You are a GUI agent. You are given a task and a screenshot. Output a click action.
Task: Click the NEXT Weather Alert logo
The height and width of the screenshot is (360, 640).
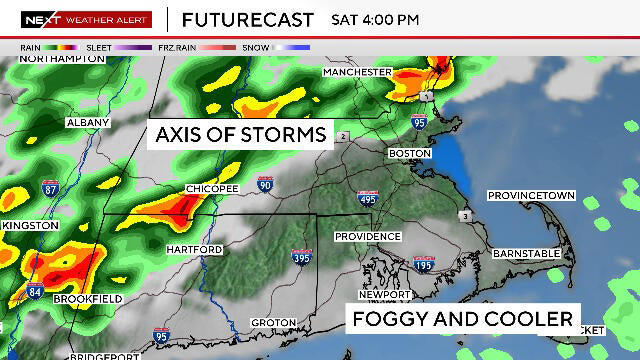point(86,19)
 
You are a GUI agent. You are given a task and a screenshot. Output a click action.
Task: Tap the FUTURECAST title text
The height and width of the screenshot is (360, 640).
point(247,19)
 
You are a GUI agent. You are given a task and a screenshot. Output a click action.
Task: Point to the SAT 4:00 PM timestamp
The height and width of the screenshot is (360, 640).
point(374,19)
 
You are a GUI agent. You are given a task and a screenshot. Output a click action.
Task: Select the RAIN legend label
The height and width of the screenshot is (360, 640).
point(31,47)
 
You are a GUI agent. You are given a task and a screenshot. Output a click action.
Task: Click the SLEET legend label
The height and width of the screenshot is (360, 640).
point(99,47)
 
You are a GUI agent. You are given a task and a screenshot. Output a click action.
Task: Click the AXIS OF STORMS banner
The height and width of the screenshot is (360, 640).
point(239,134)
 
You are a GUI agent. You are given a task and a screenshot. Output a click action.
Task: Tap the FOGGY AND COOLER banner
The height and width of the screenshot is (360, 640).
point(462,319)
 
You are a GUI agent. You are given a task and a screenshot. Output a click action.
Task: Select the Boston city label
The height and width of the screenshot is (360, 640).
point(409,153)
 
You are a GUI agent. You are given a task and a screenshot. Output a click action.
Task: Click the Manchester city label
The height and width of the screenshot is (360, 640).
point(357,73)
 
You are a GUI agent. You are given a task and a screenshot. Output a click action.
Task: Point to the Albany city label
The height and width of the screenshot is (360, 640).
point(87,122)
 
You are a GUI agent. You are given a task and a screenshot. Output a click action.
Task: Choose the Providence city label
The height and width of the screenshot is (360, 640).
point(367,236)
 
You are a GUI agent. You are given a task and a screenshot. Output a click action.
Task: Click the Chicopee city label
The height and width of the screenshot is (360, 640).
point(211,188)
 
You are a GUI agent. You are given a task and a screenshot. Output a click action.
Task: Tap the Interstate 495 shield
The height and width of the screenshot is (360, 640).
point(368,198)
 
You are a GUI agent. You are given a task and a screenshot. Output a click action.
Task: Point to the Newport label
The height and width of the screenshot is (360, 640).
point(386,295)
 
